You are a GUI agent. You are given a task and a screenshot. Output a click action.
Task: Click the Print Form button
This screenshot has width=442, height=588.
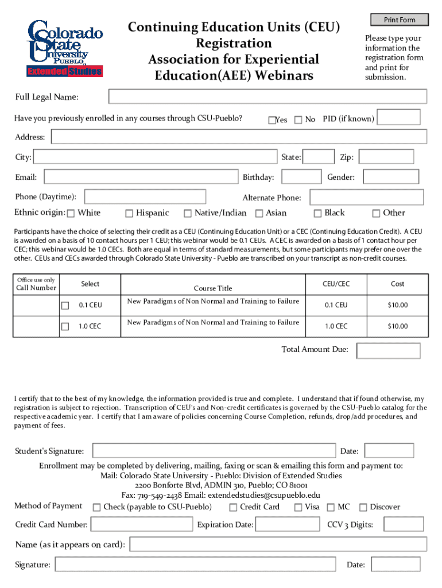[x=400, y=20]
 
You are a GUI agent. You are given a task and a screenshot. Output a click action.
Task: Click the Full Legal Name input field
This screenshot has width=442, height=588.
[x=267, y=97]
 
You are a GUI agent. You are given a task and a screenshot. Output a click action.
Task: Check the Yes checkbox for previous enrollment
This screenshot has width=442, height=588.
[x=272, y=120]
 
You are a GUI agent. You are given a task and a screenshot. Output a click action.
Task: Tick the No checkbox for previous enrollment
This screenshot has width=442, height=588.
[x=298, y=119]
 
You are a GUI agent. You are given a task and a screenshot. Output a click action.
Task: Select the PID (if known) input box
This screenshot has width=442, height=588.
[x=399, y=118]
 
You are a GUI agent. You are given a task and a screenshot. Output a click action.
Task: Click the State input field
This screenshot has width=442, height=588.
[x=318, y=157]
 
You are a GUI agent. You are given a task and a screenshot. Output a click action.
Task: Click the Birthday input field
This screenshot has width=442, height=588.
[x=301, y=177]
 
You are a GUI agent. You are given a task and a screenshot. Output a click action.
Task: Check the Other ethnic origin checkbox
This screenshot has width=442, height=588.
[x=376, y=214]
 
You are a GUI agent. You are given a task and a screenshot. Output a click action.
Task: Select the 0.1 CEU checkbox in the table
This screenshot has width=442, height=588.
[x=65, y=305]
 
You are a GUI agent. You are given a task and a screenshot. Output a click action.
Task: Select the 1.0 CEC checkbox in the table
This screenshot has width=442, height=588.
[x=65, y=327]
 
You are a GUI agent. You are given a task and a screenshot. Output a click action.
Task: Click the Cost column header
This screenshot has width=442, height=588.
[x=397, y=284]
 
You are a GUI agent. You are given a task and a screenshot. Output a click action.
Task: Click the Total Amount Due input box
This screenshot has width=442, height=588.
[x=388, y=350]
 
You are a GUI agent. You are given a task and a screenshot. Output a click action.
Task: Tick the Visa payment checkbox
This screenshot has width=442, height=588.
[x=298, y=507]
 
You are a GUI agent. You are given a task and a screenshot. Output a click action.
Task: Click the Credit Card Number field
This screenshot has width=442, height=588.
[x=141, y=524]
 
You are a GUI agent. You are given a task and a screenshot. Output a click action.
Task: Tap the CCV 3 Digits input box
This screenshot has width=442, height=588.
[x=404, y=524]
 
